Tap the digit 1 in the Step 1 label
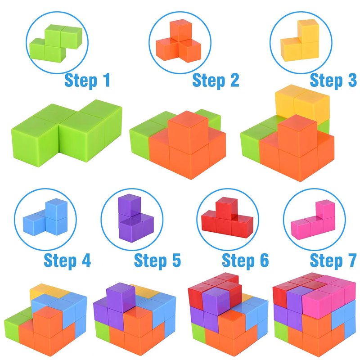[x=106, y=80]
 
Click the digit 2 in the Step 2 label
[x=234, y=80]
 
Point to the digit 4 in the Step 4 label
[x=86, y=260]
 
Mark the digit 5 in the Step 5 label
[x=176, y=260]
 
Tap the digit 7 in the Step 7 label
[x=352, y=260]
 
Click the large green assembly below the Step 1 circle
[x=67, y=133]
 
